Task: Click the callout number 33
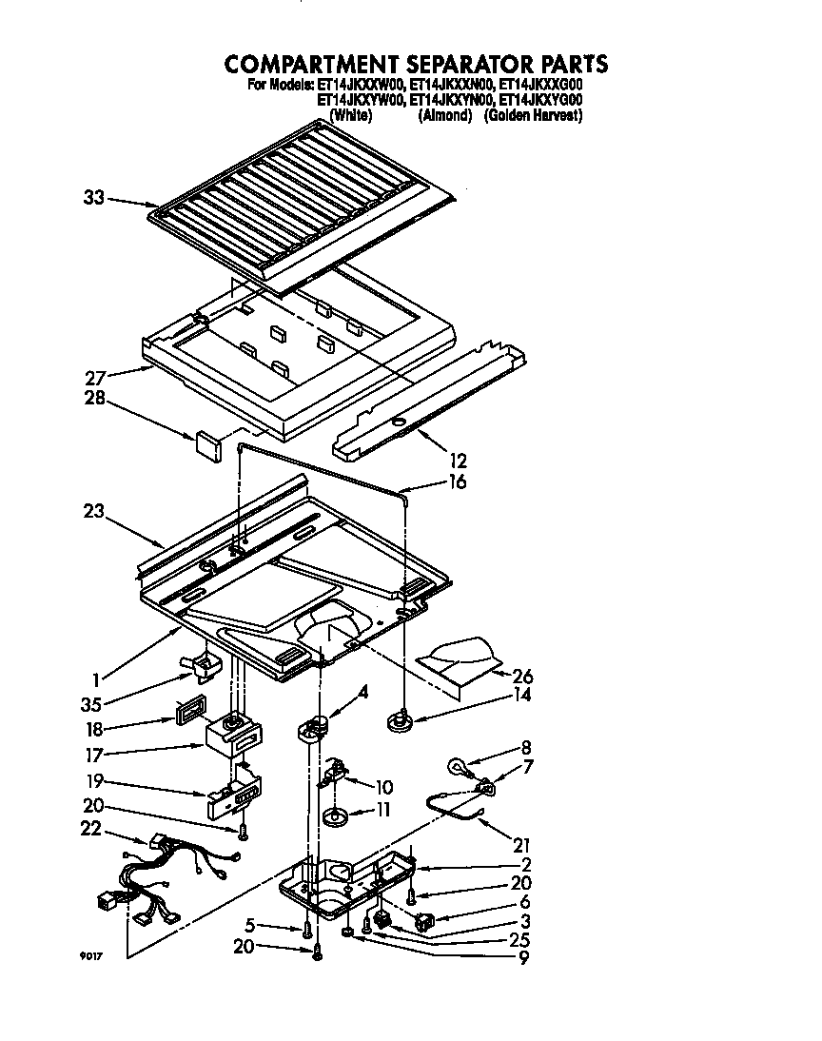(93, 198)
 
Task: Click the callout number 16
(458, 481)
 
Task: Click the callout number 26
(522, 677)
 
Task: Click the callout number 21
(521, 845)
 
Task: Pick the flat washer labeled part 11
(334, 815)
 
